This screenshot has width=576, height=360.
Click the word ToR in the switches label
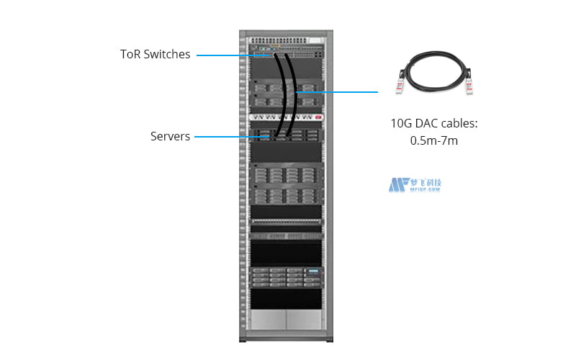coord(132,54)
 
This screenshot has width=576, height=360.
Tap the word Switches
coord(168,54)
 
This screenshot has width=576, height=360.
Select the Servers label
coord(171,136)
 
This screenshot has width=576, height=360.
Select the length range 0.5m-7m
coord(433,141)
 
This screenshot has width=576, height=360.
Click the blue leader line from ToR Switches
coord(223,55)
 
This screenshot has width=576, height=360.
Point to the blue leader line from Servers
coord(223,136)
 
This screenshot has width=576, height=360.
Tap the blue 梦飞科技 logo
coord(415,185)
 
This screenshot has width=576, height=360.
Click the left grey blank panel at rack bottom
coord(268,320)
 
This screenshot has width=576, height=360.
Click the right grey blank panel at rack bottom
coord(304,320)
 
